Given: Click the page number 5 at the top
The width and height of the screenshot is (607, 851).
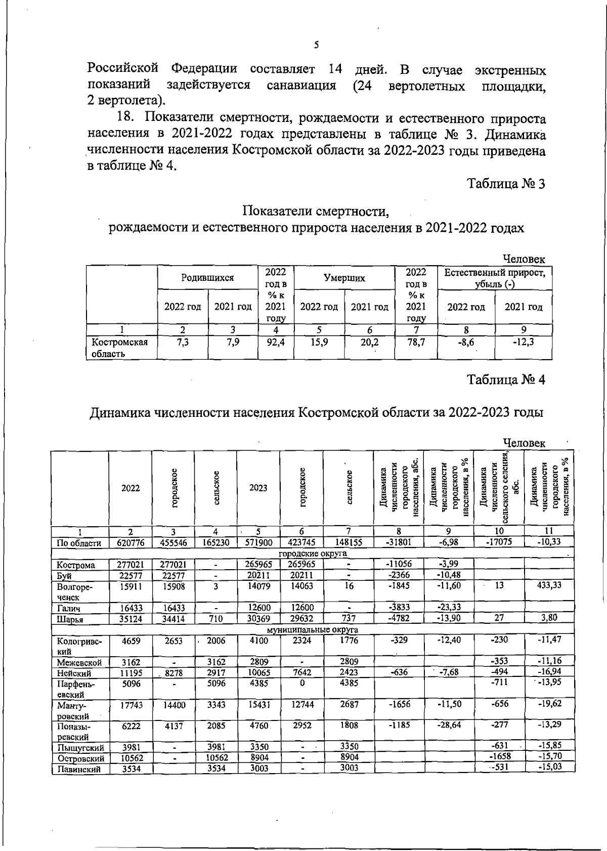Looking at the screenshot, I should [316, 45].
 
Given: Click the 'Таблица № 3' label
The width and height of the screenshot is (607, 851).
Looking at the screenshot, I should [505, 184].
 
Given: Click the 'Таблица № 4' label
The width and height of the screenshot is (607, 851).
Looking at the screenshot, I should [505, 379].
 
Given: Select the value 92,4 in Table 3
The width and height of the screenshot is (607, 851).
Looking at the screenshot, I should [276, 343].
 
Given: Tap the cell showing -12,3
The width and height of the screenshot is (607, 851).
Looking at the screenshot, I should [523, 343].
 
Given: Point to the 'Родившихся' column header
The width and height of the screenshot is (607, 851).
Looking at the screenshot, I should [207, 277].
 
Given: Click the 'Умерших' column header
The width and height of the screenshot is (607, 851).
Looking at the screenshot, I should [344, 277].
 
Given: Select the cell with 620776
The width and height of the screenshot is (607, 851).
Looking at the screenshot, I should [130, 543].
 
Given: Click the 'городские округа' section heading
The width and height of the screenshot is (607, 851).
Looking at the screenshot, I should [313, 554].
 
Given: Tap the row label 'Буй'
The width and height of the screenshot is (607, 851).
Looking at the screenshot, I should [64, 576].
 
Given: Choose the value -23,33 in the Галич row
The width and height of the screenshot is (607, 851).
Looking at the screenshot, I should [449, 608].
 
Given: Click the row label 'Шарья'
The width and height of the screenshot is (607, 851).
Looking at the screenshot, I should [70, 619].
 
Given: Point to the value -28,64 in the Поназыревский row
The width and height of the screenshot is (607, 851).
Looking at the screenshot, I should [449, 725].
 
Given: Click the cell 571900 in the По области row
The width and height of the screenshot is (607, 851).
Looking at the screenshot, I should [258, 543].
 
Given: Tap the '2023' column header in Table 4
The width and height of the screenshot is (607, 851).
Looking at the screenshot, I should [258, 488].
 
